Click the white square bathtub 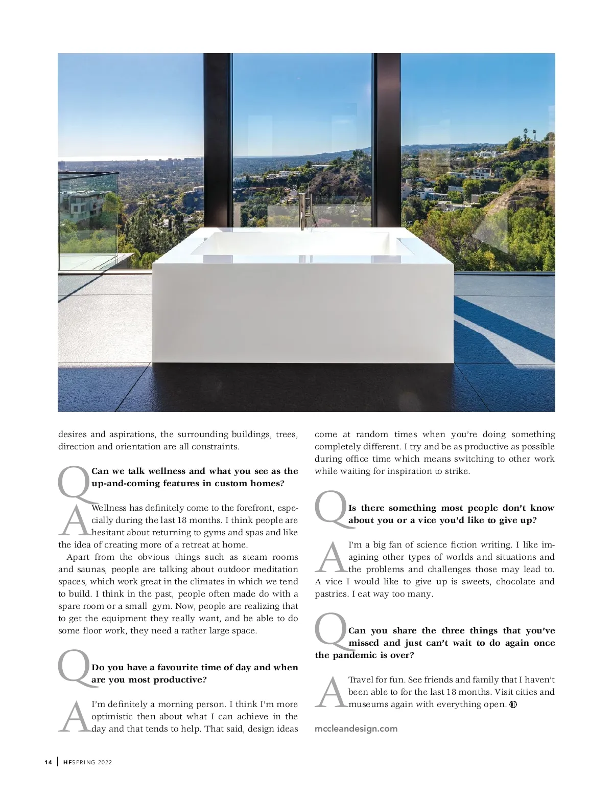(303, 302)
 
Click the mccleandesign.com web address (356, 729)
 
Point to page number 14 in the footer (48, 762)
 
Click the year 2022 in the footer (105, 762)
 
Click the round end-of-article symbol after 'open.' (513, 704)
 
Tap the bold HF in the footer (67, 762)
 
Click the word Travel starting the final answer (361, 679)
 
